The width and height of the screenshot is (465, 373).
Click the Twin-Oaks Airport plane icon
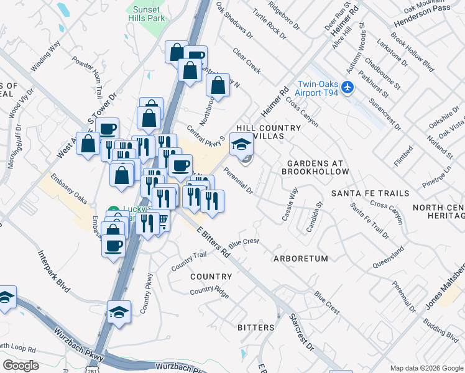[x=348, y=86]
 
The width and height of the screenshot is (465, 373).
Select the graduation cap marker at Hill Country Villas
[x=242, y=145]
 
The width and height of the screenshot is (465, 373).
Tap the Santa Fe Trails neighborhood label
[x=370, y=193]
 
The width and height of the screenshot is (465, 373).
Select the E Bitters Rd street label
[x=214, y=242]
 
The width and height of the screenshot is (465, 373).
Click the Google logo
[x=21, y=365]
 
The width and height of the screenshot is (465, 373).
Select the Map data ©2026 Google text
[x=426, y=367]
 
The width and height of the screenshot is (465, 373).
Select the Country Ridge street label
[x=209, y=290]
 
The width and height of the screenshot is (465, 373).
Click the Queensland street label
[x=389, y=256]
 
